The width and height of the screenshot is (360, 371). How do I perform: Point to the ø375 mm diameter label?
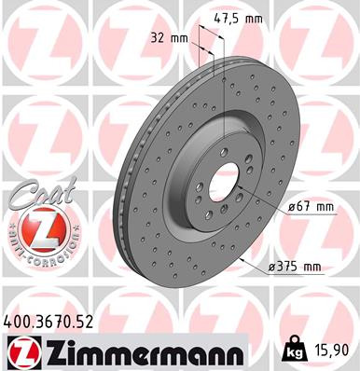tap(295, 268)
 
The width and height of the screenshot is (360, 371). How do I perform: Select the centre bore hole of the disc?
tap(223, 177)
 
